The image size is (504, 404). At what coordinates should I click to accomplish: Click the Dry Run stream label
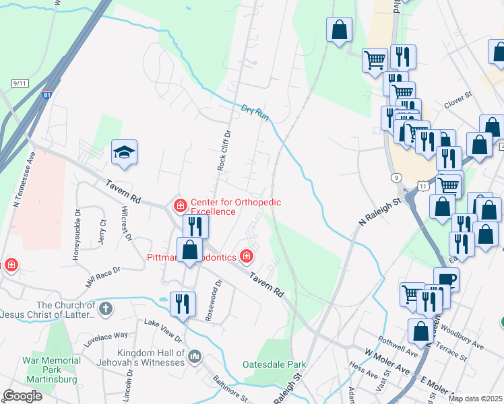pyautogui.click(x=255, y=112)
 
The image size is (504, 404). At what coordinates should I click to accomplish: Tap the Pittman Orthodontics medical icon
pyautogui.click(x=247, y=256)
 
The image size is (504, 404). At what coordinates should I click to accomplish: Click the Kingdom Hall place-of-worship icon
pyautogui.click(x=195, y=355)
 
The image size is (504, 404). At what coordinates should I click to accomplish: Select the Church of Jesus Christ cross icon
pyautogui.click(x=104, y=310)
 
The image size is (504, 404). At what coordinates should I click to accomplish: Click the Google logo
pyautogui.click(x=22, y=396)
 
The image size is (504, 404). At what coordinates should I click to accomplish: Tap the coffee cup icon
pyautogui.click(x=445, y=278)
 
